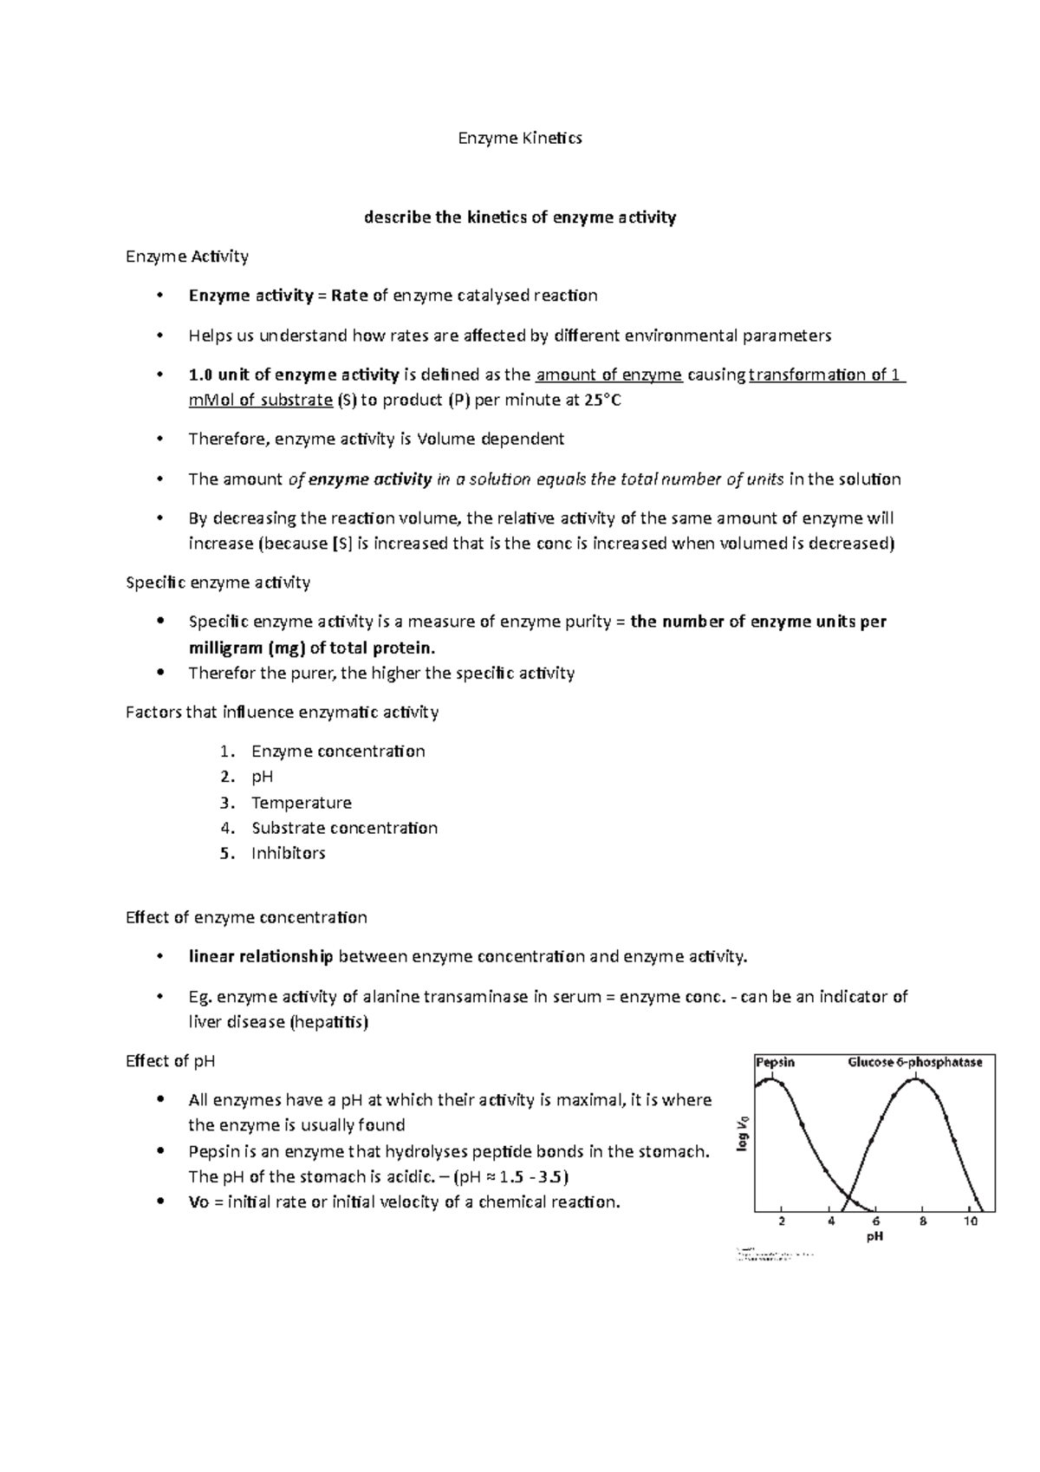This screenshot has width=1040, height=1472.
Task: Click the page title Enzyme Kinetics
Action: pos(520,138)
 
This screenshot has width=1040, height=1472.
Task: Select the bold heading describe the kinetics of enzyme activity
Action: pos(520,218)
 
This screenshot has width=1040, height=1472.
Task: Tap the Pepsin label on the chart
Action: pos(775,1062)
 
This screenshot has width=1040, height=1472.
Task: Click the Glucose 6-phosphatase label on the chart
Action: pos(914,1062)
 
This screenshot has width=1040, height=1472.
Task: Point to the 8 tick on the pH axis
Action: pos(923,1221)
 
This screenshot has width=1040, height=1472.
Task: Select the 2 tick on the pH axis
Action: pos(782,1221)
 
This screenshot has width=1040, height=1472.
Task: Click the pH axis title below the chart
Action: pos(874,1237)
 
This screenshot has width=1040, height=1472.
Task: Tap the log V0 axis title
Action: pos(742,1135)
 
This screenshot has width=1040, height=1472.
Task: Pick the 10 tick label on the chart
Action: pos(970,1221)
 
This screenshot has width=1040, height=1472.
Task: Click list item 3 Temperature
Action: pos(301,803)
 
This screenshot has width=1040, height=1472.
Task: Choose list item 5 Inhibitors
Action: pos(288,853)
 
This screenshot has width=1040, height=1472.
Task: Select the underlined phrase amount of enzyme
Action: pos(609,375)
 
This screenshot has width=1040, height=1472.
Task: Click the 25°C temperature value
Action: pos(602,401)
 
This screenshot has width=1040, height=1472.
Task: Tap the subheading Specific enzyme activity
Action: pos(218,583)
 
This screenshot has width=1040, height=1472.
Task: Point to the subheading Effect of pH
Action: pos(170,1061)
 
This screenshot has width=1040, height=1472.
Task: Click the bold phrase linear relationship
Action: pos(261,957)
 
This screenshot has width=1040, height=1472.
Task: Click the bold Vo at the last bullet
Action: pos(198,1202)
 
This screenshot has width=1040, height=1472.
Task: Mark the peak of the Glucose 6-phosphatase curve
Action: pos(918,1079)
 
